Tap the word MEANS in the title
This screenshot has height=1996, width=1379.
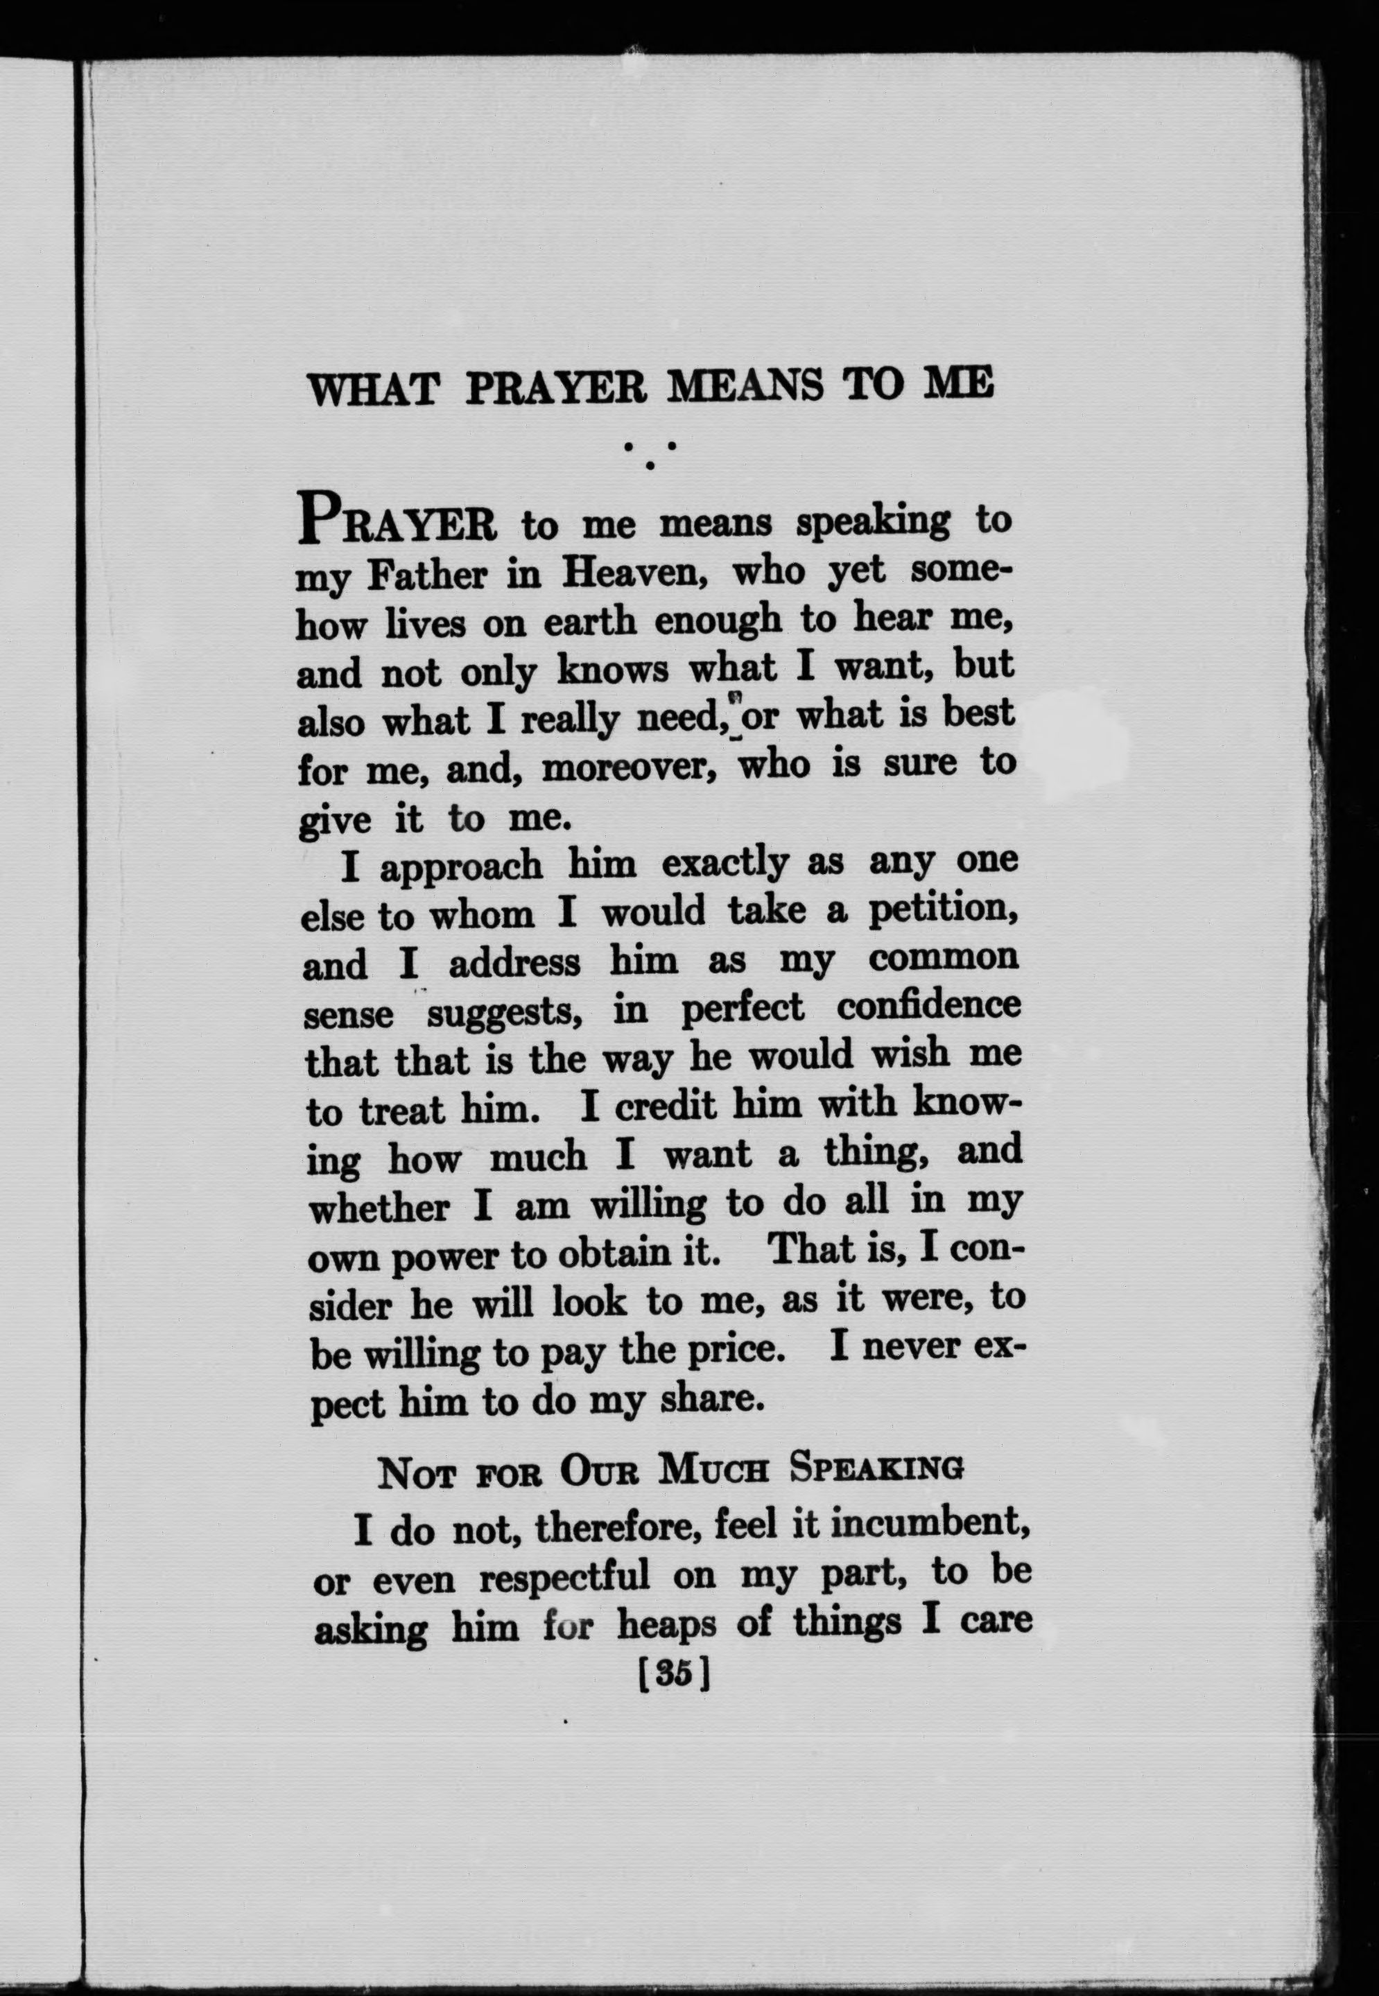[746, 386]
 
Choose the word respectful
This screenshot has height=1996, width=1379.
[564, 1577]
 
